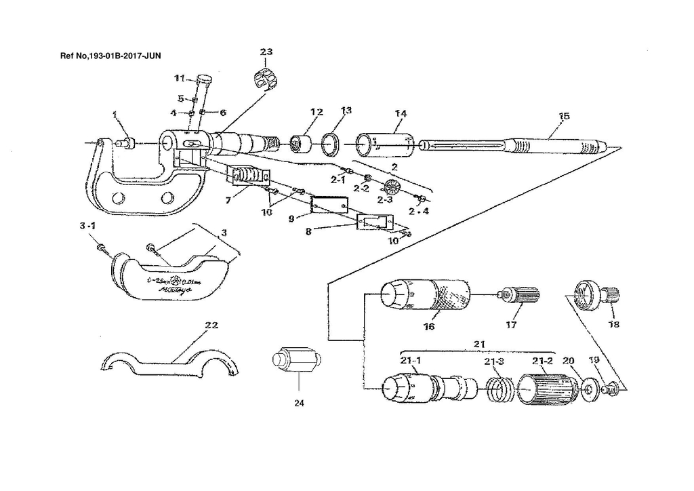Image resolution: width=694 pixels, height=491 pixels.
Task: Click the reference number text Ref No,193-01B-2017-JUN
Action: (110, 54)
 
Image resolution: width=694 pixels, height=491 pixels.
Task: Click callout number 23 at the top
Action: (266, 52)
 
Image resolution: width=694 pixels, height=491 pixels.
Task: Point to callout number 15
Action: (563, 116)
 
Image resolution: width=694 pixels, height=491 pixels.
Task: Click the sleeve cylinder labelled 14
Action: (384, 144)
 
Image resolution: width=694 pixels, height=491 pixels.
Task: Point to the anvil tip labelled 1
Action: (126, 142)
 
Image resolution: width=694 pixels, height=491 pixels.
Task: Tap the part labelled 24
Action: (295, 359)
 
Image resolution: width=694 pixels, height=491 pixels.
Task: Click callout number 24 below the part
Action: (299, 403)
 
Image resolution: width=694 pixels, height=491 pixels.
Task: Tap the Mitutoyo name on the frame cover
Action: (175, 290)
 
